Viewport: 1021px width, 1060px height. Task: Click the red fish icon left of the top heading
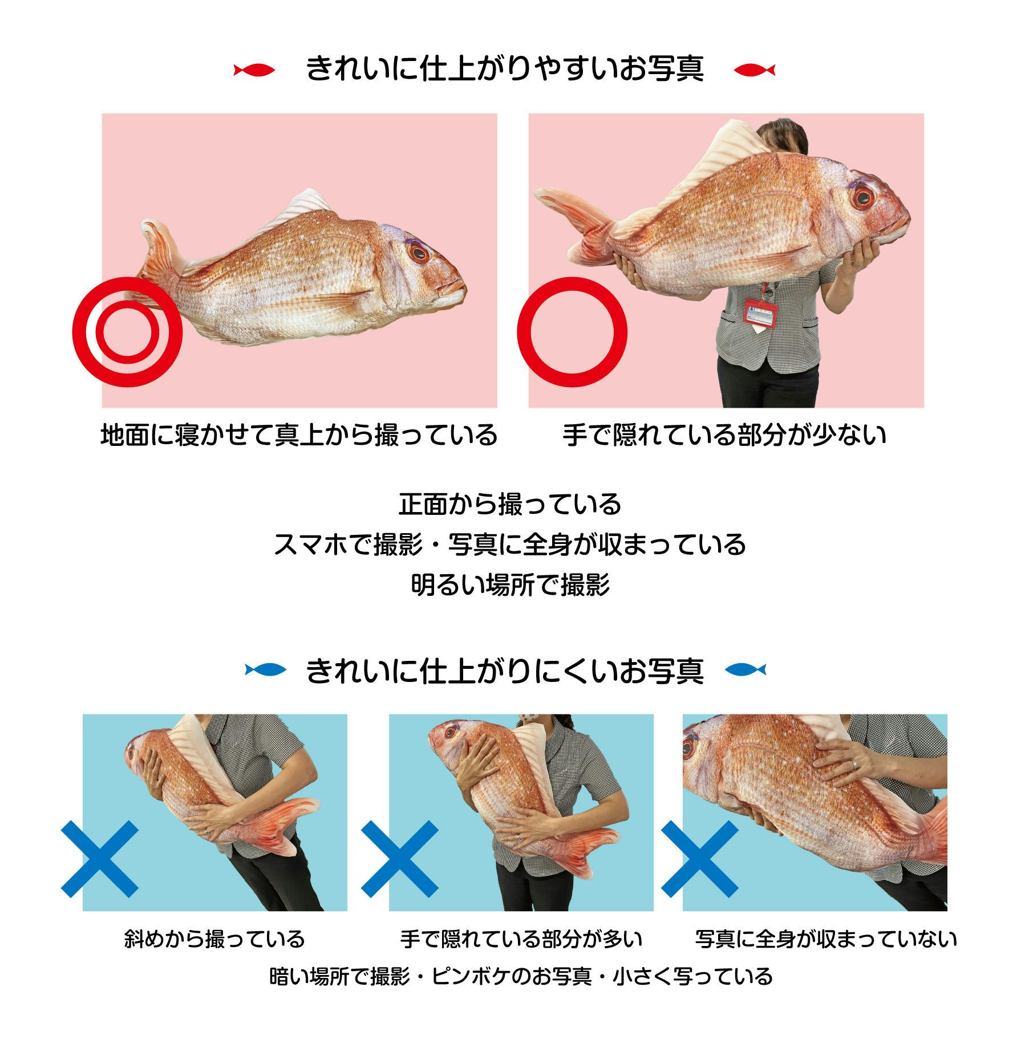coord(254,70)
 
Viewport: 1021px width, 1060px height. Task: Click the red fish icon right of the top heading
coord(755,70)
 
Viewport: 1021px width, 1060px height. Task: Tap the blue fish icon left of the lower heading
coord(266,669)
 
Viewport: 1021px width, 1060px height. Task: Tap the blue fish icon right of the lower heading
coord(746,669)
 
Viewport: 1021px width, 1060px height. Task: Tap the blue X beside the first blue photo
coord(100,859)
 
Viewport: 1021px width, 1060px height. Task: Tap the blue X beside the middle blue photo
coord(399,859)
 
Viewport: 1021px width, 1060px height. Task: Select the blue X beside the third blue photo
coord(699,859)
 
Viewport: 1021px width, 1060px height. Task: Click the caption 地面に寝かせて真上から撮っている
coord(299,436)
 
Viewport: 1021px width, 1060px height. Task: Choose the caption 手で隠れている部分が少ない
coord(724,436)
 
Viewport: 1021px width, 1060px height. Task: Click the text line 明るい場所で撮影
coord(510,584)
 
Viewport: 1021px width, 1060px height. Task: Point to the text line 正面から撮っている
coord(510,504)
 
